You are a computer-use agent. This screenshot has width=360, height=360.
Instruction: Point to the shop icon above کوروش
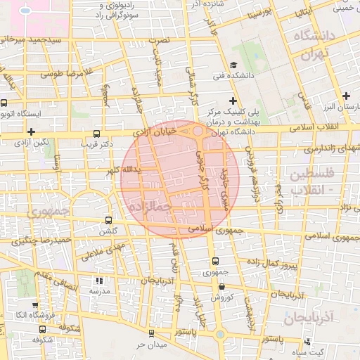[222, 286]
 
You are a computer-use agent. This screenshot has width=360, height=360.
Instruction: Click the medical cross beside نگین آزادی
[31, 131]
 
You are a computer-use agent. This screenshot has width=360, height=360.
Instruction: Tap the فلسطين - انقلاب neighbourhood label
[313, 181]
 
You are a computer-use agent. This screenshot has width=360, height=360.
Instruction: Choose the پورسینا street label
[257, 13]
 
